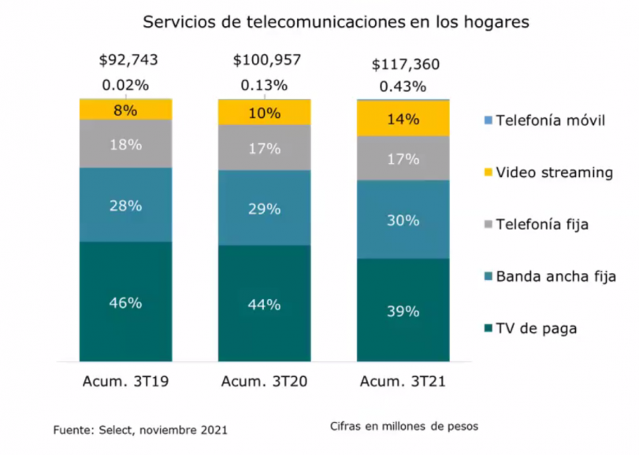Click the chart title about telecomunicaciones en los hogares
[335, 23]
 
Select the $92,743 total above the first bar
[126, 60]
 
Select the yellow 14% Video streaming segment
[403, 120]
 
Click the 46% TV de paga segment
[126, 302]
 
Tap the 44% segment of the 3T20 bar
[264, 304]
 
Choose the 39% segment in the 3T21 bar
[403, 311]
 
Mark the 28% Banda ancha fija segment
[126, 205]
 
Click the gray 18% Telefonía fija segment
[126, 143]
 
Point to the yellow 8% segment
[126, 110]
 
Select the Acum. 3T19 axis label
[126, 383]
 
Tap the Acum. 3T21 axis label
[403, 383]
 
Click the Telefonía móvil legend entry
[543, 120]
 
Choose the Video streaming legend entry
[548, 172]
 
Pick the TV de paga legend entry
[530, 328]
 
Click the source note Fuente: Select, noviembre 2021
[140, 430]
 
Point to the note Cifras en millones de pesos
[404, 426]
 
